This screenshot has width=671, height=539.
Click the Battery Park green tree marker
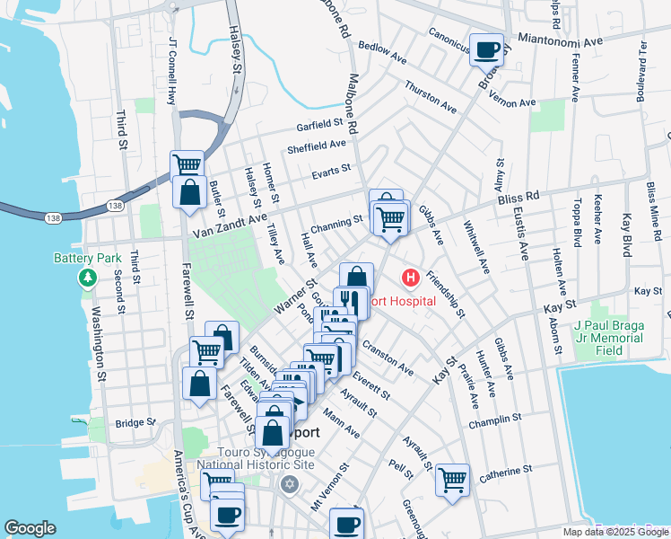point(87,277)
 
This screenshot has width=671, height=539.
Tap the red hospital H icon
point(411,278)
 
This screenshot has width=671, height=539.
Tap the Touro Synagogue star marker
point(288,485)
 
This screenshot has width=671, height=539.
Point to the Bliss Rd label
point(545,195)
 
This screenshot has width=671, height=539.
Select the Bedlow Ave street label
point(382,50)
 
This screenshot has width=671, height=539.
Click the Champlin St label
point(500,419)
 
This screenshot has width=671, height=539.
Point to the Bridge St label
point(135,422)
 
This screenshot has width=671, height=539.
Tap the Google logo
point(30,528)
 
